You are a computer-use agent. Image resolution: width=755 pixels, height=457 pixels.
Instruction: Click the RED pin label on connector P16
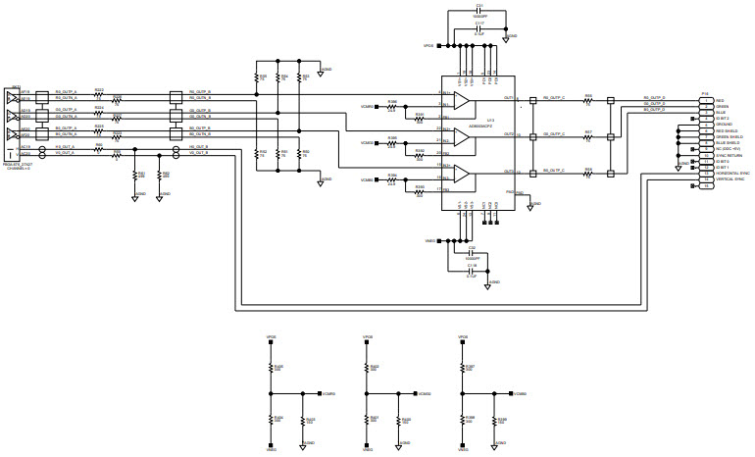pos(720,100)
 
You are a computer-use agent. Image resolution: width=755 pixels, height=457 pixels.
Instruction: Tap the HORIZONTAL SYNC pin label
pos(732,173)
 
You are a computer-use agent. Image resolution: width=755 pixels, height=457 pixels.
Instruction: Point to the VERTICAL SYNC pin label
pos(730,179)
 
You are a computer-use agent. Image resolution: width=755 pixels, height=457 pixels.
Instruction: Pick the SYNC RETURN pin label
pos(727,155)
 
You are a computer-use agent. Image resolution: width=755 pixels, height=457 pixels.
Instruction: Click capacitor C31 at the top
pos(478,12)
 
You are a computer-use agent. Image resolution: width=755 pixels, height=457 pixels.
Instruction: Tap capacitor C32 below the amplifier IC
pos(472,252)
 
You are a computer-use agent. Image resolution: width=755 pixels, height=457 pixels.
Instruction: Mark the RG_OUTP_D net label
pos(654,97)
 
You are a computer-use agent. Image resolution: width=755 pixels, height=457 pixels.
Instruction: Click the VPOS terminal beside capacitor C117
pos(428,45)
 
